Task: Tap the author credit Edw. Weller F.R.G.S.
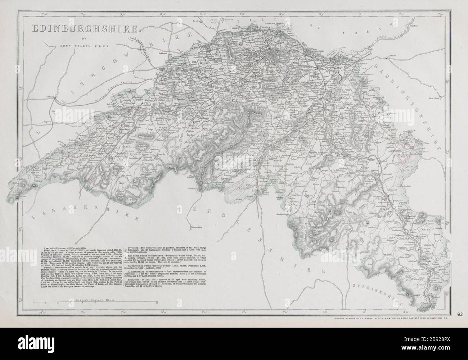coord(76,46)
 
